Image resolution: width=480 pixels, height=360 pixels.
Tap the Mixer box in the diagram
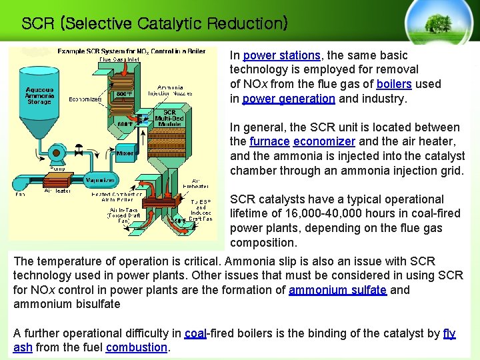click(125, 153)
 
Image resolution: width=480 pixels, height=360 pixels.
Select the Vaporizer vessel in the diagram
click(100, 180)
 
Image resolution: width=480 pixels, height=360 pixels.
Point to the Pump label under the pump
click(57, 169)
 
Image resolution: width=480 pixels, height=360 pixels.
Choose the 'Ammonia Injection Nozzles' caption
click(174, 91)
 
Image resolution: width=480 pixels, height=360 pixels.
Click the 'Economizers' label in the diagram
click(85, 100)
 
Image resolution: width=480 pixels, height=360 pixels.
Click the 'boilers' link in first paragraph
click(393, 84)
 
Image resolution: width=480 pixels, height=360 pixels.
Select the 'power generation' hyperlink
click(288, 99)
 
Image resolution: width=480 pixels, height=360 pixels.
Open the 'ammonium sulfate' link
click(337, 290)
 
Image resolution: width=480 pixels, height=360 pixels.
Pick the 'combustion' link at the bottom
click(136, 347)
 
